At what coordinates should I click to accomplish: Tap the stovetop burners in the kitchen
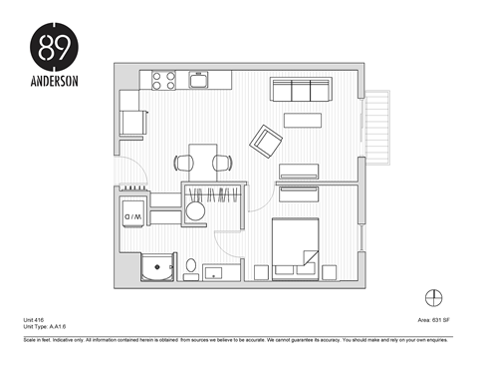[164, 80]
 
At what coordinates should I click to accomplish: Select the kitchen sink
[197, 80]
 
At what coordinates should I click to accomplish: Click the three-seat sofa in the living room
[300, 92]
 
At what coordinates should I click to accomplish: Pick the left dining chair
[181, 162]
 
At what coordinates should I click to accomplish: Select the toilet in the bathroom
[190, 266]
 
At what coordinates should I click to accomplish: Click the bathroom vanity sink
[217, 270]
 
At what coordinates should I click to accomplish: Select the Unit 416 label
[34, 320]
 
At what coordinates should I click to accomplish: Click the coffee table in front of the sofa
[304, 121]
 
